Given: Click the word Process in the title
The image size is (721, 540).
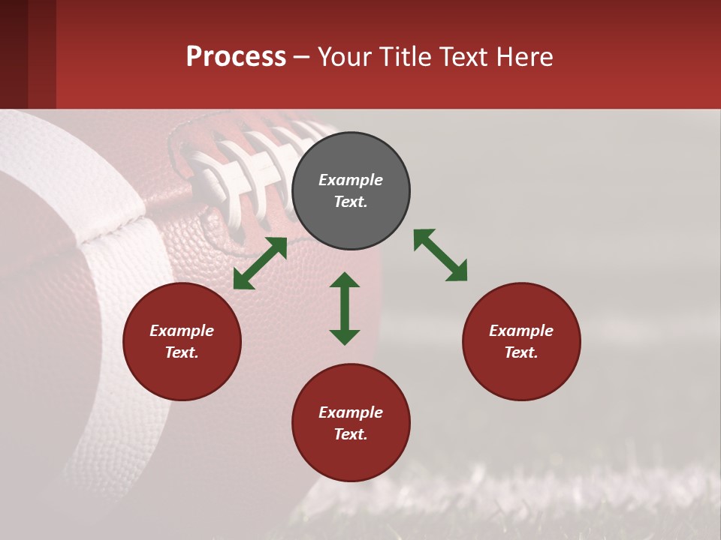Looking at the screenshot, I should click(236, 56).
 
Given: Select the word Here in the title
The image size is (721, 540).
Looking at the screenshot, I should click(525, 56).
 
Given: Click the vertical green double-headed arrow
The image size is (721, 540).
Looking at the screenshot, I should click(345, 308).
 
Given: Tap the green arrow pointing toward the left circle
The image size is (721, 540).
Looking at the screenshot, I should click(260, 263).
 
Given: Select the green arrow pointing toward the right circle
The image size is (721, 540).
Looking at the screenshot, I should click(440, 255).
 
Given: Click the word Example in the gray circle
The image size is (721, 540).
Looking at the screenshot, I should click(351, 180).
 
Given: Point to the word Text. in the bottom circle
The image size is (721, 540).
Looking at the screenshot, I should click(351, 434).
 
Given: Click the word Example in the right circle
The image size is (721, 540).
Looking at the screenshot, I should click(521, 331).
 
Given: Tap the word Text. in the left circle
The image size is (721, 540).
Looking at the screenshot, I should click(182, 352).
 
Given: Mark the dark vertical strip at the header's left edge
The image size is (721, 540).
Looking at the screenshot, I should click(14, 54).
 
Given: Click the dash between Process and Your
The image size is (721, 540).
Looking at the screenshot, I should click(302, 57).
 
